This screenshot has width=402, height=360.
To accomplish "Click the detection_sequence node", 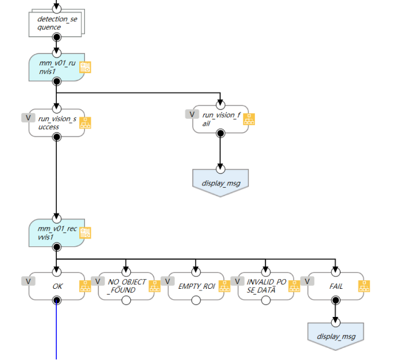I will point(56,23).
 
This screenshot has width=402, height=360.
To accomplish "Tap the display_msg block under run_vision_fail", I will point(220,183).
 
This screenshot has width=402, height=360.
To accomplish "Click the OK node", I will point(56,285).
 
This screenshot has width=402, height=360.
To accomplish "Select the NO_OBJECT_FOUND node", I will point(126,285).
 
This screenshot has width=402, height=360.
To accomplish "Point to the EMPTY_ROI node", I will point(196,285).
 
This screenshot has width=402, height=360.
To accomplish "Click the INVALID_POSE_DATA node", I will point(265,285).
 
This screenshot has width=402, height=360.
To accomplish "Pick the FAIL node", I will point(335,285).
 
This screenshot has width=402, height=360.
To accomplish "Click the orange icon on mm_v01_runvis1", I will point(85,67).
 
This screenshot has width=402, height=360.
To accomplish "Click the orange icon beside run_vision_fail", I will point(249,119).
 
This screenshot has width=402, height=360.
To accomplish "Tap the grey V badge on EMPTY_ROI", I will point(167,281).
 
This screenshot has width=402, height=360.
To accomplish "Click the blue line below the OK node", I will point(56,333).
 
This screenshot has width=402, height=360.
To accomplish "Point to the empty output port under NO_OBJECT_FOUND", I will point(126,300).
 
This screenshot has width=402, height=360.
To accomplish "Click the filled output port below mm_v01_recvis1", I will point(56,247).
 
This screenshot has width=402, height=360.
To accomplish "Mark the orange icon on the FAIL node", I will point(364,286).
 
